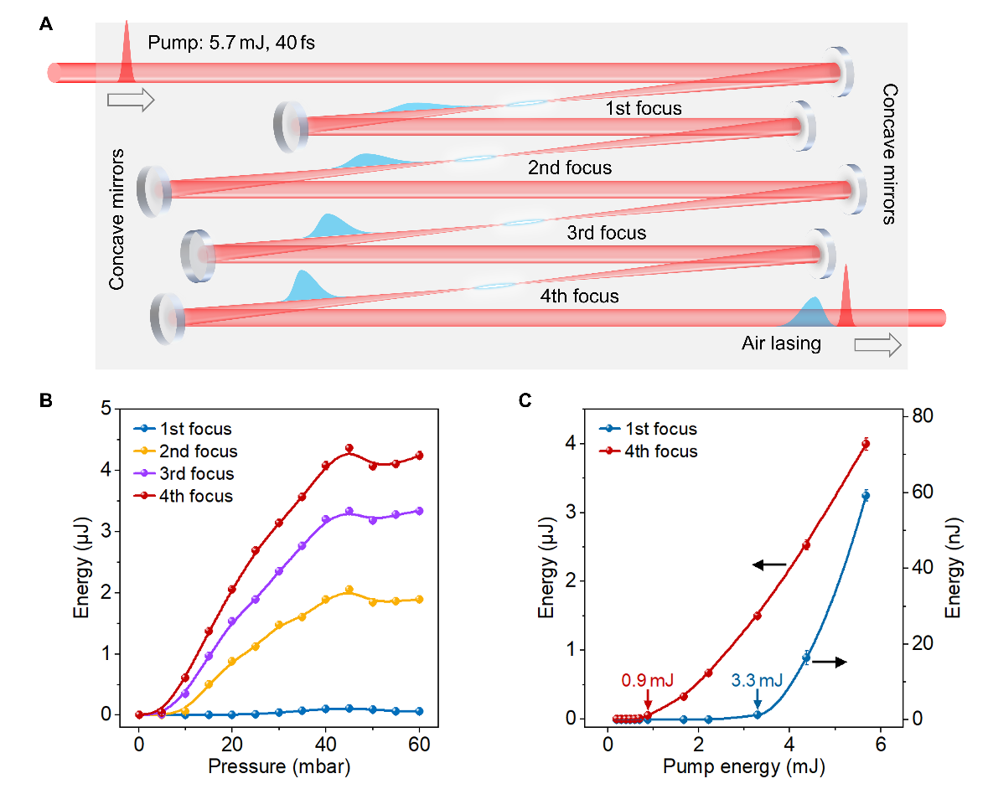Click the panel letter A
[47, 24]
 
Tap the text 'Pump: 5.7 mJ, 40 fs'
[231, 42]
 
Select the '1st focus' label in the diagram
[643, 108]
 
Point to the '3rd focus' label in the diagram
[607, 232]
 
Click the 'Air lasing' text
[781, 343]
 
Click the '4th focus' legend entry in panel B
[195, 496]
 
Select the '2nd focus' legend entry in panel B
[197, 451]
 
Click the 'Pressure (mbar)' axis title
[280, 766]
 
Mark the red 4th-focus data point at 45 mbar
[349, 448]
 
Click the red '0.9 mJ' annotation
[646, 679]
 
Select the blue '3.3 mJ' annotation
[757, 679]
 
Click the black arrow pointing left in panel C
[768, 565]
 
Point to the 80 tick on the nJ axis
[920, 416]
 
